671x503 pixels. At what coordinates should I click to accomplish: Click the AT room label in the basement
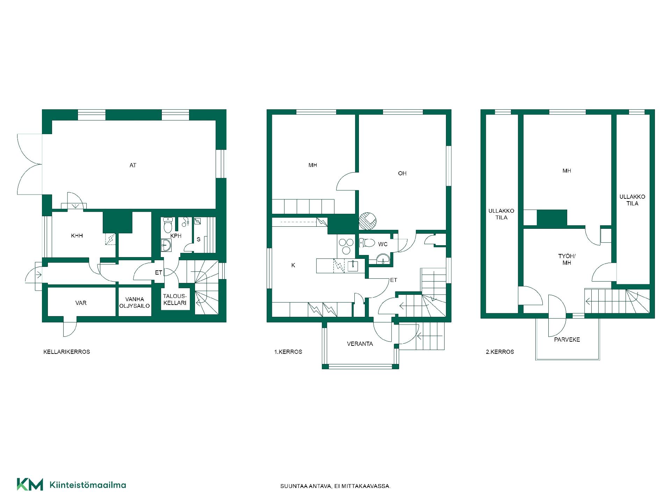(133, 165)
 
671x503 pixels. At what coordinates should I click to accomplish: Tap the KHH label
(77, 236)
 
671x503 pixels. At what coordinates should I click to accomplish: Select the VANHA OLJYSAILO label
(135, 302)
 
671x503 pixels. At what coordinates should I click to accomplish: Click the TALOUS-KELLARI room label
(175, 299)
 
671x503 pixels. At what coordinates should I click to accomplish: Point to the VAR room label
(81, 303)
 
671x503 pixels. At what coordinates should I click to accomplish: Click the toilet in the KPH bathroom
(168, 225)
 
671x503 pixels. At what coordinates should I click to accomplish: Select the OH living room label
(402, 173)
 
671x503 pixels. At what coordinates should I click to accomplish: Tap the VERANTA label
(360, 344)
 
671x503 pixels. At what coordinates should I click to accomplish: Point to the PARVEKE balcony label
(567, 340)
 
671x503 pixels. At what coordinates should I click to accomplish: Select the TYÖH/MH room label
(567, 260)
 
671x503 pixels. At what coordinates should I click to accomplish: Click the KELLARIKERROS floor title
(67, 352)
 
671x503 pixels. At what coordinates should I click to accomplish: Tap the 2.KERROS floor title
(500, 352)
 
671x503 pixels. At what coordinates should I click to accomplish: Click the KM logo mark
(30, 484)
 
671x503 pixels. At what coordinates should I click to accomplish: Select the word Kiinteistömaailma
(88, 485)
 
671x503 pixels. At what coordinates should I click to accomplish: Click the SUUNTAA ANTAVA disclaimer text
(335, 486)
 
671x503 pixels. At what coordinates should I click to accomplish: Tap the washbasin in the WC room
(383, 259)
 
